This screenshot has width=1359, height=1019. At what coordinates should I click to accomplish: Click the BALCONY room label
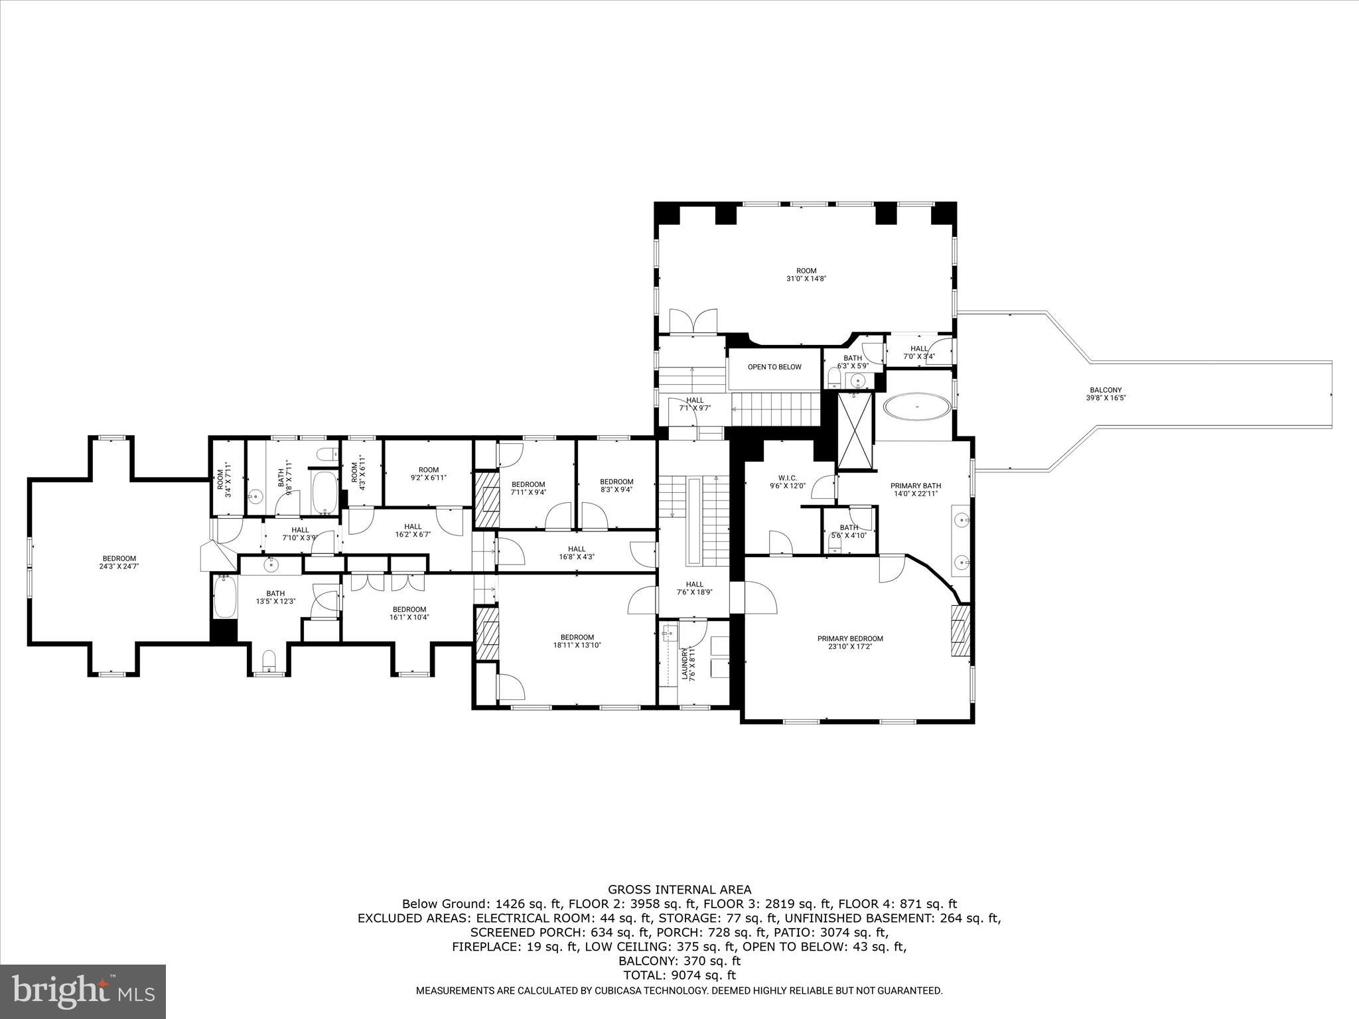point(1106,394)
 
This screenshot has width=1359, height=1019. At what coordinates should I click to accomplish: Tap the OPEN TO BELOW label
point(774,367)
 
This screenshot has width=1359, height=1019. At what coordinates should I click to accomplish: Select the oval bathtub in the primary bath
point(917,406)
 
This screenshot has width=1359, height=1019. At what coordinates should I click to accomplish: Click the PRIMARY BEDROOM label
point(850,642)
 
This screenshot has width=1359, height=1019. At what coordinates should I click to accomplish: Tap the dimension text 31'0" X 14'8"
point(806,279)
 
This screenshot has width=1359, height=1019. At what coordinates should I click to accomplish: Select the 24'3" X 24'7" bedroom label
point(119,562)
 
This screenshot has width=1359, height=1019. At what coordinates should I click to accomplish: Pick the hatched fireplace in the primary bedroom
point(960,630)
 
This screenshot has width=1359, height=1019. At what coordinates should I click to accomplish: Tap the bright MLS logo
point(83,991)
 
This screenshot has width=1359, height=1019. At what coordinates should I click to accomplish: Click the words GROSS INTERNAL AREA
point(679,890)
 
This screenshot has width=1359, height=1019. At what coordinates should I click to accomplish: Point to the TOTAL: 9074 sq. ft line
point(679,975)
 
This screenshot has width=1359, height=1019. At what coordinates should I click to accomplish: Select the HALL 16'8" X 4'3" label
point(577,553)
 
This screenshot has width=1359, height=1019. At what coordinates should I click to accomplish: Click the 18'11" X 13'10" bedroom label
point(577,641)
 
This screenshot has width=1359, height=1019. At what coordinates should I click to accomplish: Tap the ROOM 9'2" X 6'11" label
point(429,474)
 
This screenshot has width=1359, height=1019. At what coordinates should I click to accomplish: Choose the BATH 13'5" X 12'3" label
point(275,597)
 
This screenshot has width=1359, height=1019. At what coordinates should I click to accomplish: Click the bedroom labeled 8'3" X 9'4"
point(616,486)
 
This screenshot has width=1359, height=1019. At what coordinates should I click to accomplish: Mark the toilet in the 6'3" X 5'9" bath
point(833,380)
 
